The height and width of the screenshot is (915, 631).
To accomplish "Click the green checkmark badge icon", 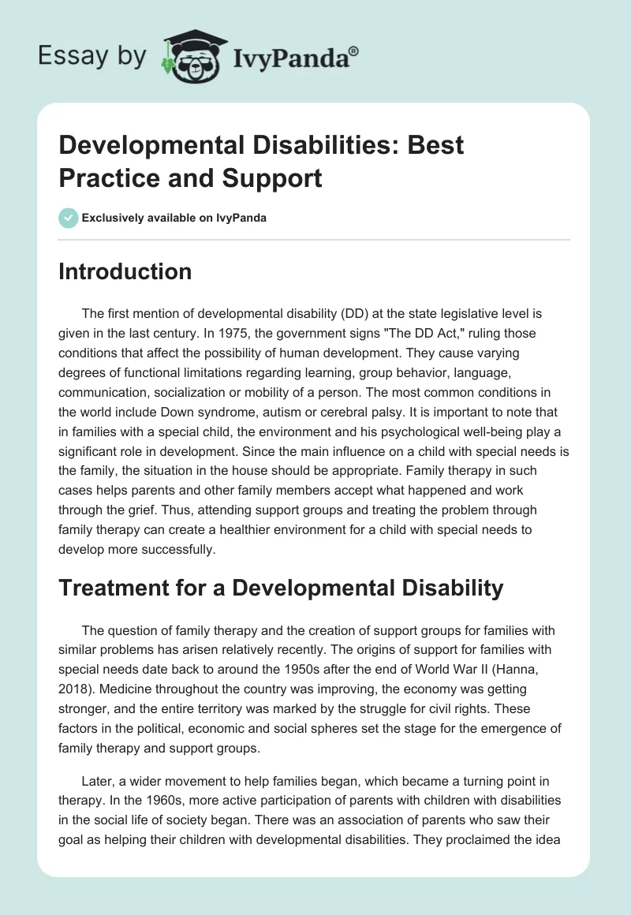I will pos(69,218).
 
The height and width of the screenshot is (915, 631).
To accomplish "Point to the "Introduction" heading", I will pos(125,272).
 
